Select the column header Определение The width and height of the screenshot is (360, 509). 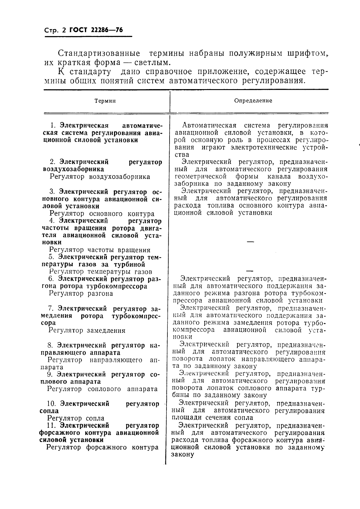(x=253, y=101)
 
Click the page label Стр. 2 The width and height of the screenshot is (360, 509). (x=55, y=31)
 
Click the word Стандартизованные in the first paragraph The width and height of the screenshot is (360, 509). (x=99, y=54)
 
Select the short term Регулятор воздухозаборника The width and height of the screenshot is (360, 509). (x=100, y=177)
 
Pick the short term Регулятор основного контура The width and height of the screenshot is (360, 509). (x=102, y=214)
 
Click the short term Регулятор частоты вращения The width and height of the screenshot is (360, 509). (x=99, y=250)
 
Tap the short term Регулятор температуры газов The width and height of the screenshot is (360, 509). (x=100, y=272)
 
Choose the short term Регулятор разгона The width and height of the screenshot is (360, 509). (x=81, y=293)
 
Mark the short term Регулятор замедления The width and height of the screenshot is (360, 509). (x=87, y=330)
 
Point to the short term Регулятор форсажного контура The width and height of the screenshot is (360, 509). (x=102, y=447)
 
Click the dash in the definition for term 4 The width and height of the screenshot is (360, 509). (x=250, y=242)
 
